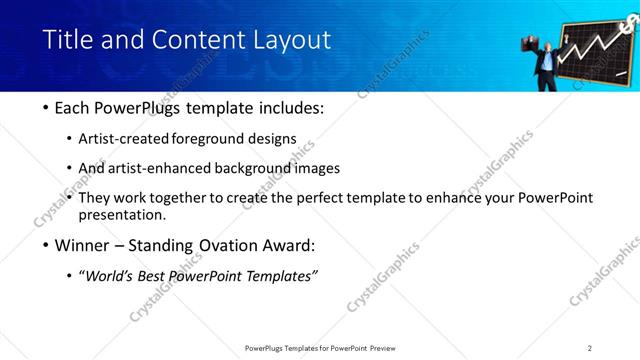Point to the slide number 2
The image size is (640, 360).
590,348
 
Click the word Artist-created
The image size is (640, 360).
130,138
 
